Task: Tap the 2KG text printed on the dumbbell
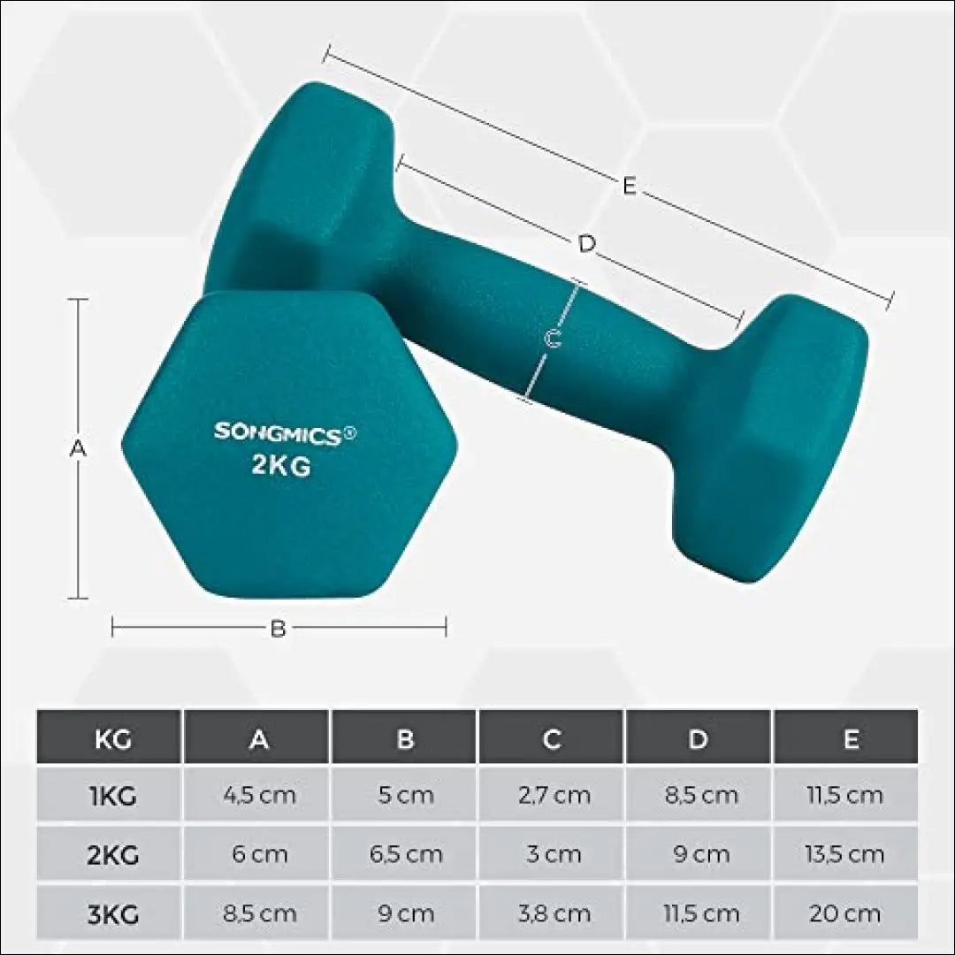(x=280, y=465)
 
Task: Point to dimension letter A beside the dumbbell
(x=78, y=448)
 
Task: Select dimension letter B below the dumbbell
(x=278, y=629)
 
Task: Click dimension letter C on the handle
(x=553, y=339)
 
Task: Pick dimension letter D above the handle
(x=586, y=244)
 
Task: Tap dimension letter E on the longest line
(x=629, y=187)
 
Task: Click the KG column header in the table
(x=112, y=739)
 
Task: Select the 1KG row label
(x=112, y=796)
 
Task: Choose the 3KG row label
(x=112, y=913)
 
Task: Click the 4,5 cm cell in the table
(x=258, y=796)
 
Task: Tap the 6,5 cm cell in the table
(x=406, y=855)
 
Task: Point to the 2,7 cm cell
(x=554, y=796)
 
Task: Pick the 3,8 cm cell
(x=554, y=913)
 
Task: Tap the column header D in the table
(x=699, y=739)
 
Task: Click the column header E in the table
(x=850, y=739)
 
